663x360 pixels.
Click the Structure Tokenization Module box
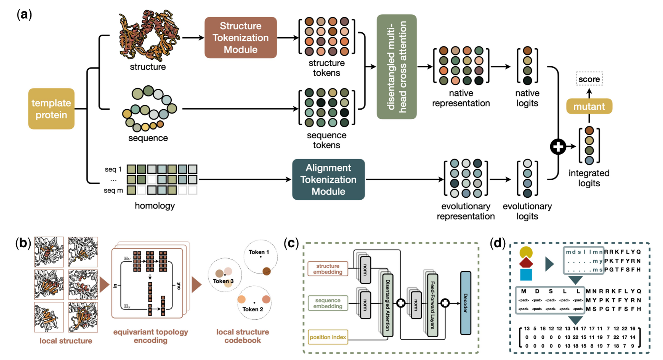pyautogui.click(x=241, y=37)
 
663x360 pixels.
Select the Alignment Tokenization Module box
pyautogui.click(x=328, y=179)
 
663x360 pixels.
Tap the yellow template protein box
pyautogui.click(x=51, y=109)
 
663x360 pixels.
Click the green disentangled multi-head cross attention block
pyautogui.click(x=396, y=67)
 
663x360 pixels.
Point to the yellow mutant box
pyautogui.click(x=589, y=106)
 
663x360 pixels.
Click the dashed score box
pyautogui.click(x=589, y=79)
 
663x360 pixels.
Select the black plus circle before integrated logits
pyautogui.click(x=558, y=146)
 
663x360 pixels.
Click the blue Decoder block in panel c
pyautogui.click(x=465, y=303)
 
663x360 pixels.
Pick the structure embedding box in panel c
pyautogui.click(x=328, y=269)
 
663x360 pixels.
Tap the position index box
pyautogui.click(x=328, y=337)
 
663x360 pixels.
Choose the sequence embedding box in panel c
pyautogui.click(x=328, y=303)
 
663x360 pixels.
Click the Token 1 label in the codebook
pyautogui.click(x=259, y=252)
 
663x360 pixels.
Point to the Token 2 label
pyautogui.click(x=253, y=309)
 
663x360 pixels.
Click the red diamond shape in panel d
pyautogui.click(x=526, y=263)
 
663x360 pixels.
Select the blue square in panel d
pyautogui.click(x=526, y=275)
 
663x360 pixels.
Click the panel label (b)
pyautogui.click(x=23, y=243)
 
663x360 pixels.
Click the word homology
pyautogui.click(x=155, y=206)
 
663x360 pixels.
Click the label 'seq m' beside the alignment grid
pyautogui.click(x=113, y=190)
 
